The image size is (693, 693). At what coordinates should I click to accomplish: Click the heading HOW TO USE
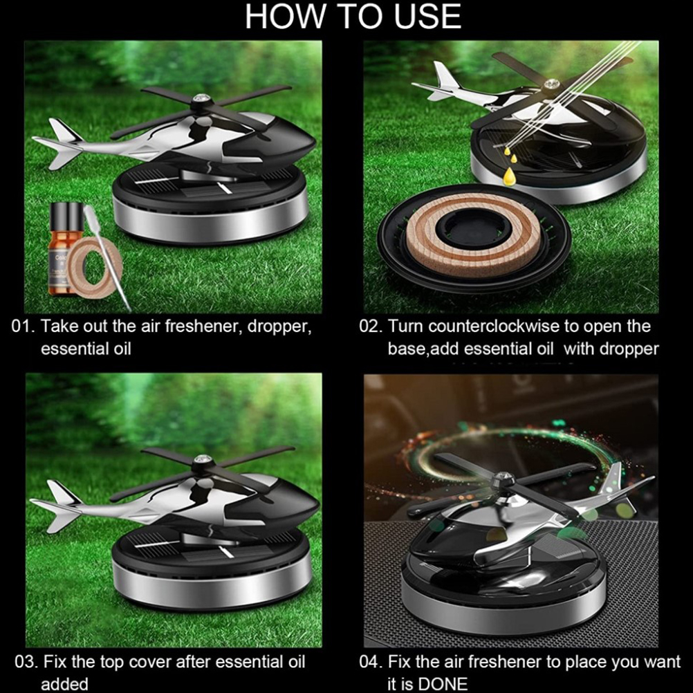pos(353,17)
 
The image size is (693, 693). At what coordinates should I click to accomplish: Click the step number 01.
pos(23,326)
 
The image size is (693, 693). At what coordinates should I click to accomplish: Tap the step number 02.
pos(371,326)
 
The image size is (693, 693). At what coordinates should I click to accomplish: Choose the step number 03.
pos(26,662)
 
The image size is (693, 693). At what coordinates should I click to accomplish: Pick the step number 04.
pos(371,662)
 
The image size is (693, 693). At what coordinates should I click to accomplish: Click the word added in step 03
pos(64,684)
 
